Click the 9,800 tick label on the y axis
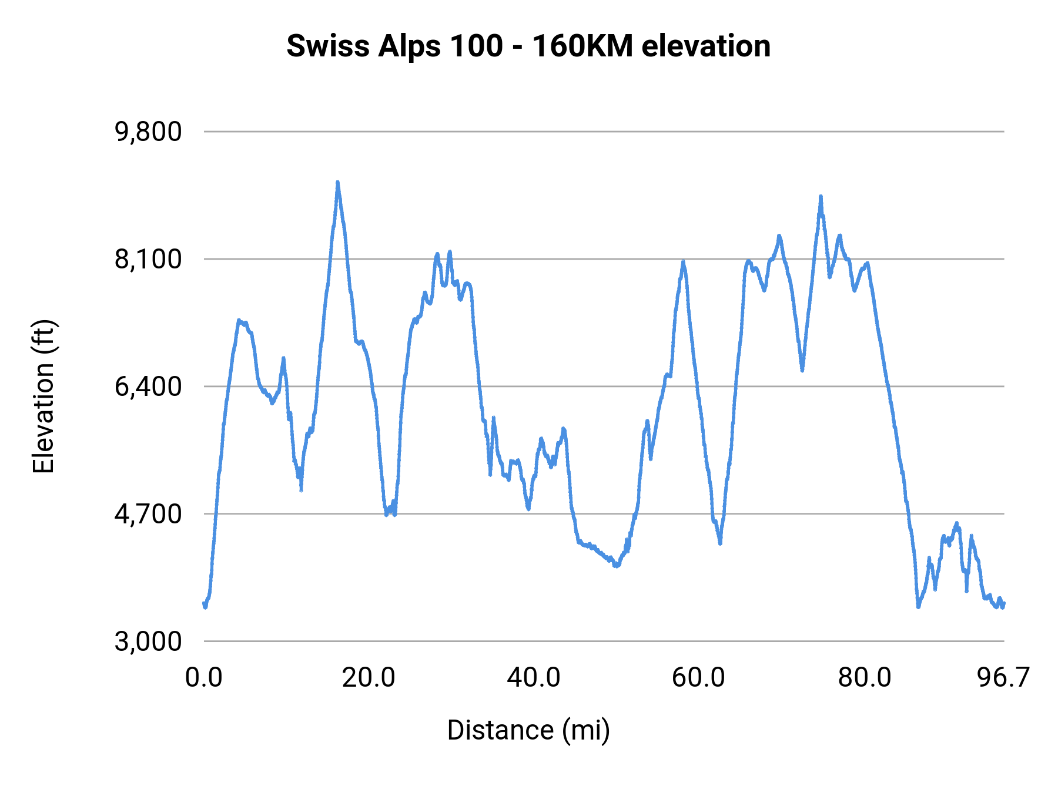click(x=148, y=132)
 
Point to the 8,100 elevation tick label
click(x=148, y=259)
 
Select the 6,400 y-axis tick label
click(x=148, y=387)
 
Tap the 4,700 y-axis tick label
click(x=148, y=514)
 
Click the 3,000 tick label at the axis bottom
click(x=148, y=641)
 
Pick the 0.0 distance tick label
click(x=203, y=677)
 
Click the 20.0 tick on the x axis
click(x=369, y=677)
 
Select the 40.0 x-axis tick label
click(x=534, y=677)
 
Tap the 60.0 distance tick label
click(x=698, y=677)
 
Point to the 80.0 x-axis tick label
click(x=864, y=677)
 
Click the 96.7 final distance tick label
click(x=1003, y=677)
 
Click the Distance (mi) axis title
click(x=528, y=730)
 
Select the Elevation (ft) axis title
click(x=43, y=396)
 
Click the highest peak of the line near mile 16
click(x=337, y=183)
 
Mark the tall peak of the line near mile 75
click(x=821, y=197)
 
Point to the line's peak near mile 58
click(x=683, y=261)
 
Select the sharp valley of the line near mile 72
click(x=802, y=370)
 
